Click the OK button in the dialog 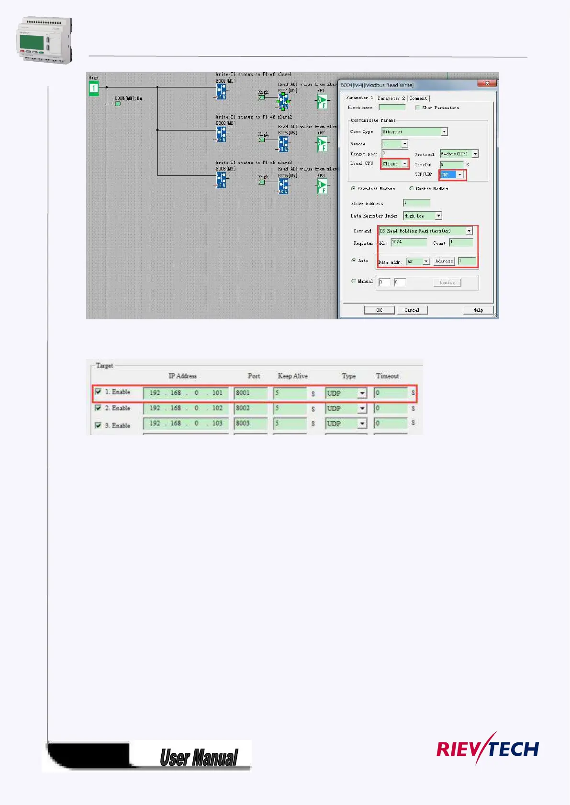click(x=379, y=310)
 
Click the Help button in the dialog click(x=478, y=310)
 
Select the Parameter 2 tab click(x=391, y=98)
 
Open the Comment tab click(x=418, y=98)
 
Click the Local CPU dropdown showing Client click(x=395, y=164)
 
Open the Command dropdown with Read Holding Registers click(x=425, y=231)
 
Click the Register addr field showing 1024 click(x=408, y=242)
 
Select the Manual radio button click(x=354, y=281)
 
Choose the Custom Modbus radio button click(x=412, y=188)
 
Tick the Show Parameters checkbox click(x=418, y=108)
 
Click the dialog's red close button click(x=487, y=84)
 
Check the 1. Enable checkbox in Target click(x=98, y=392)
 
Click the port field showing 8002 click(x=250, y=408)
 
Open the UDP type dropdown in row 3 click(x=362, y=424)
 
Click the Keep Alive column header click(x=292, y=376)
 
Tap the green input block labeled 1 click(x=94, y=88)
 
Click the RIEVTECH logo click(x=487, y=749)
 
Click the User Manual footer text click(x=199, y=757)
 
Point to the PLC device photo click(x=45, y=40)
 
